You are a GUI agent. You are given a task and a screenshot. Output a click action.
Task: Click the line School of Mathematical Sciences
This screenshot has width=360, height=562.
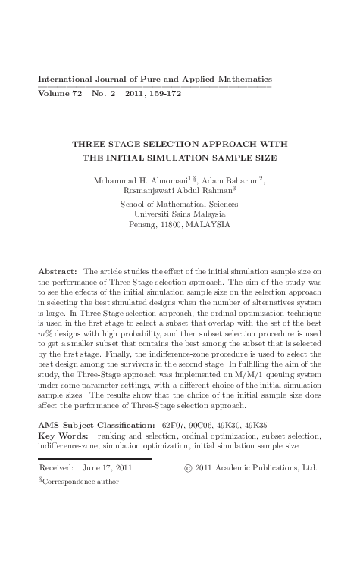[180, 205]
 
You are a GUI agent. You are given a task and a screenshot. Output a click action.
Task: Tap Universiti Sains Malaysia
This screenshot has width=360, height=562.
[180, 214]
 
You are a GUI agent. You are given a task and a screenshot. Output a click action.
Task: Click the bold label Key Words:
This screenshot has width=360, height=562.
[62, 436]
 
